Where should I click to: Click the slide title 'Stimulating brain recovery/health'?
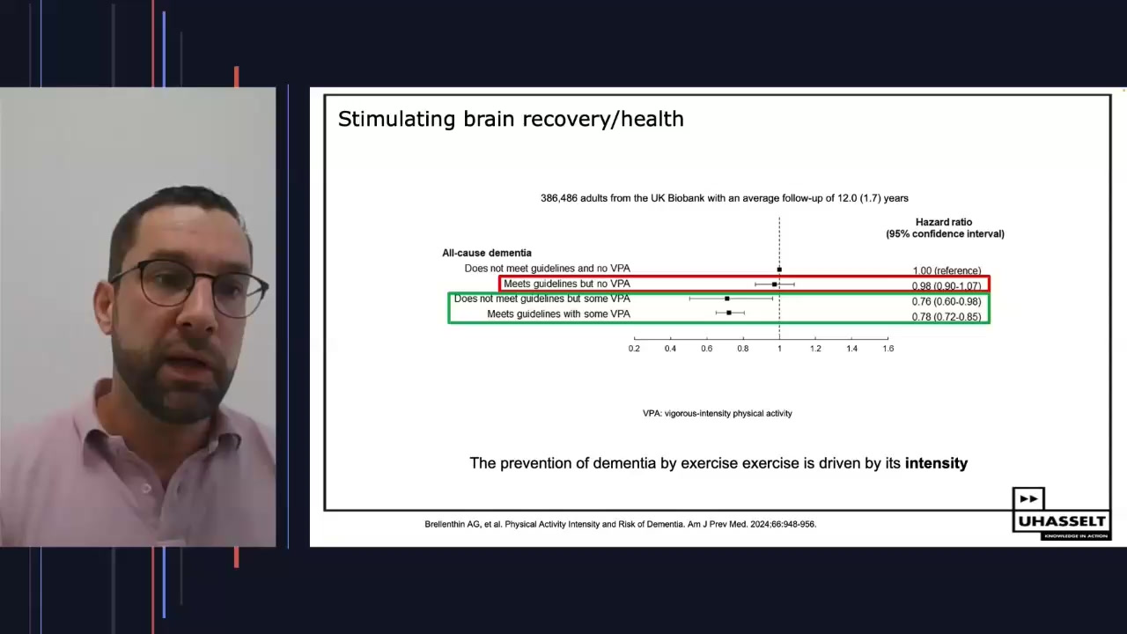click(511, 119)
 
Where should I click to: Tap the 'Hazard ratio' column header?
click(944, 223)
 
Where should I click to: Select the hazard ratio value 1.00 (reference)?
click(947, 271)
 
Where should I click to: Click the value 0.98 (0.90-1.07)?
click(947, 286)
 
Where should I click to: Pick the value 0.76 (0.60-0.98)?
click(947, 302)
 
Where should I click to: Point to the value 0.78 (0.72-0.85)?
click(947, 317)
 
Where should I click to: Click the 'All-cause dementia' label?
click(487, 254)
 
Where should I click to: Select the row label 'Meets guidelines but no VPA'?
click(566, 284)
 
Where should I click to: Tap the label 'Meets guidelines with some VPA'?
click(558, 314)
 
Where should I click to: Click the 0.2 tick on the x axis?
click(634, 349)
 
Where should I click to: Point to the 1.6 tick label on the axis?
click(888, 349)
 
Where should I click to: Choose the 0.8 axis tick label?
click(743, 349)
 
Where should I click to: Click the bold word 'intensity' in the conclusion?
click(936, 463)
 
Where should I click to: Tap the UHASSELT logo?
click(1060, 513)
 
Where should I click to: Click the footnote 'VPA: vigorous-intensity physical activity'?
click(717, 414)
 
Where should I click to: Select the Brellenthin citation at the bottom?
click(620, 525)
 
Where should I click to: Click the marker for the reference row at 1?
click(779, 269)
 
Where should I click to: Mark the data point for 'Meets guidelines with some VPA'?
click(728, 313)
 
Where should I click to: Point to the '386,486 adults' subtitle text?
click(724, 198)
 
